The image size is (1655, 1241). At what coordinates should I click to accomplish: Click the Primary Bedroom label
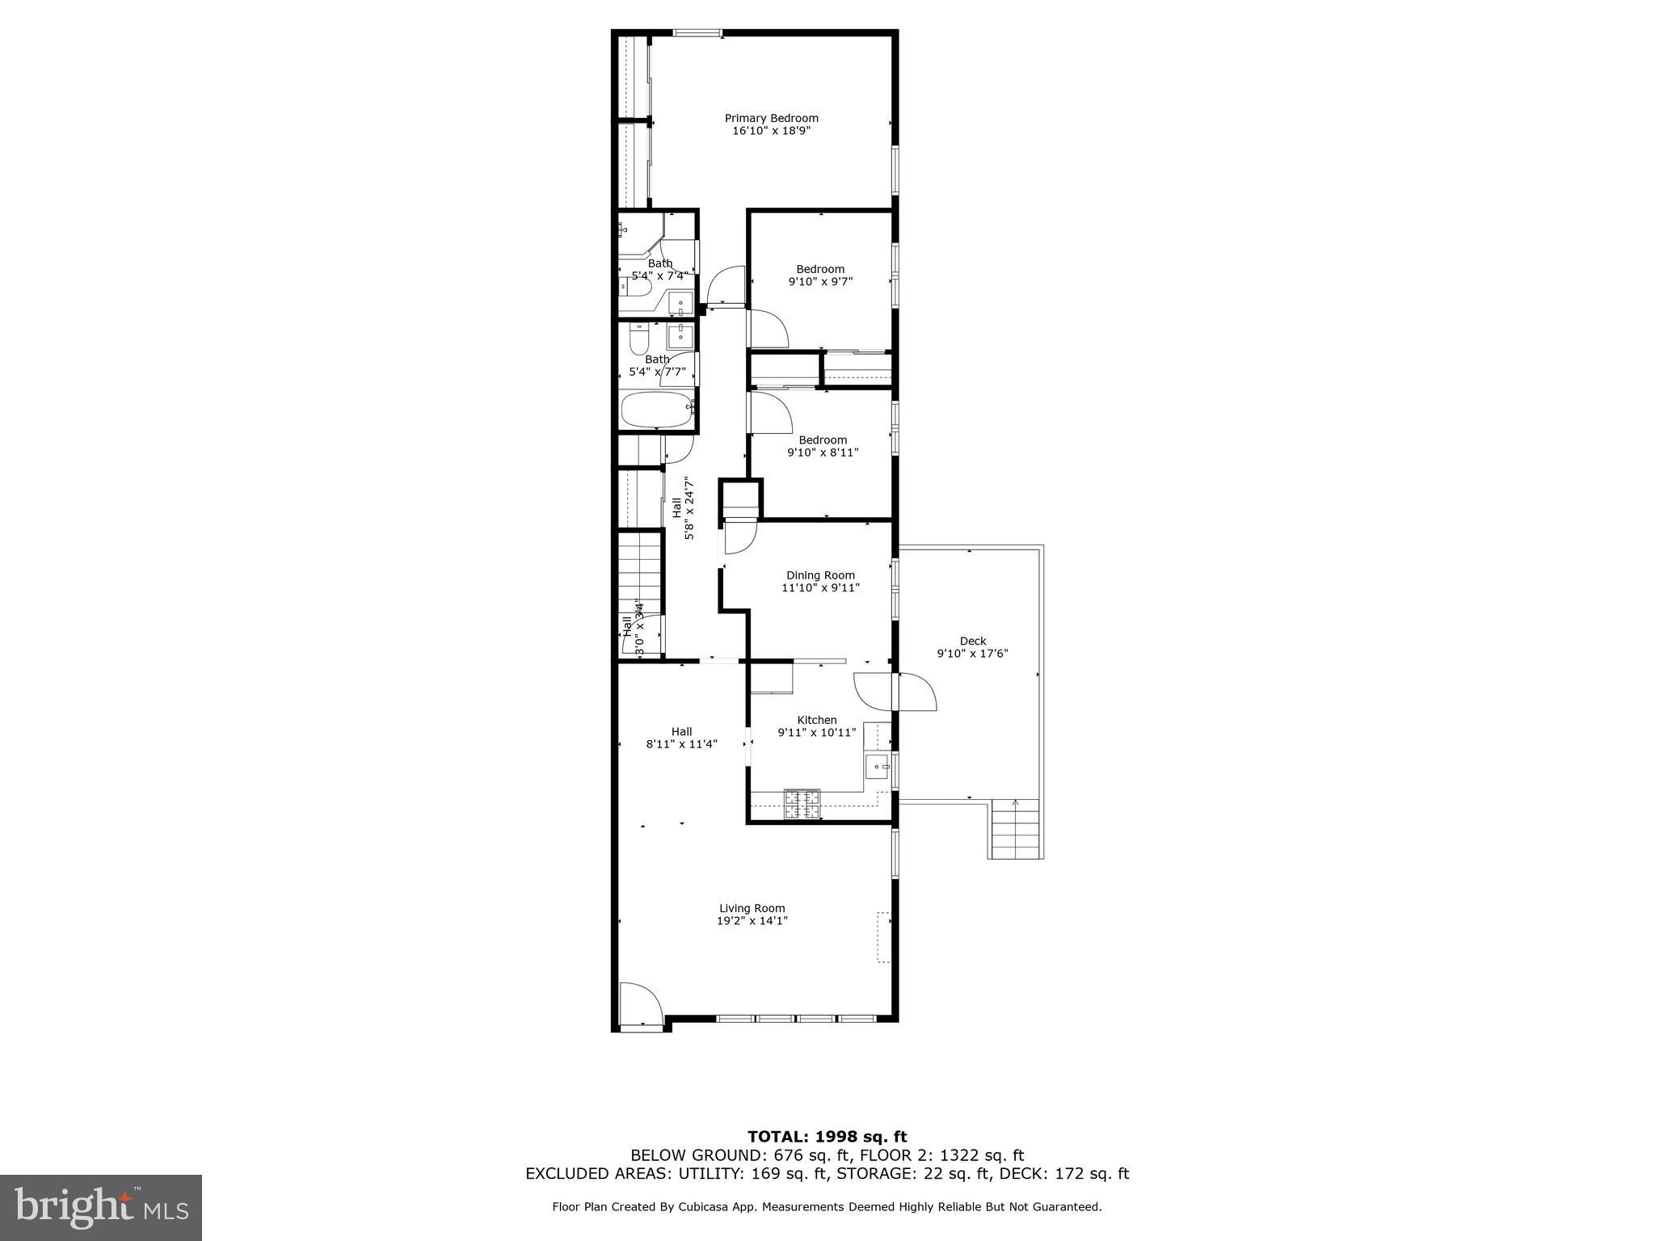pyautogui.click(x=771, y=118)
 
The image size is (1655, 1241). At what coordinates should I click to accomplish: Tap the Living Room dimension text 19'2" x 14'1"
pyautogui.click(x=752, y=920)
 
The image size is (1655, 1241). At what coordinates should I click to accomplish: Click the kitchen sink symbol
pyautogui.click(x=877, y=765)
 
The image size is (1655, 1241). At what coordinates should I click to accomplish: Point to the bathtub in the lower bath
pyautogui.click(x=657, y=410)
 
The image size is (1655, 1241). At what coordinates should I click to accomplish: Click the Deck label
pyautogui.click(x=973, y=641)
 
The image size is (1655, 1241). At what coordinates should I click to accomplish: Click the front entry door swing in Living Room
pyautogui.click(x=641, y=1005)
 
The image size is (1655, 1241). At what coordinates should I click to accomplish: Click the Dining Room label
pyautogui.click(x=820, y=575)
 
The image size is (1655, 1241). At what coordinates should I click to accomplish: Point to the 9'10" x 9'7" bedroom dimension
pyautogui.click(x=820, y=281)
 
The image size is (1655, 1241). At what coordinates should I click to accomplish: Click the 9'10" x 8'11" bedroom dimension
pyautogui.click(x=823, y=452)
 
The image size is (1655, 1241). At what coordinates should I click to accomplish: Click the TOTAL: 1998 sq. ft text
pyautogui.click(x=827, y=1137)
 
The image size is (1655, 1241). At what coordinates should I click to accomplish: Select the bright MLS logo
pyautogui.click(x=101, y=1207)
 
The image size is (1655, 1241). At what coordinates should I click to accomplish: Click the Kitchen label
pyautogui.click(x=817, y=720)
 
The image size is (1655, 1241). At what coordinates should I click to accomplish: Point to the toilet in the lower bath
pyautogui.click(x=638, y=339)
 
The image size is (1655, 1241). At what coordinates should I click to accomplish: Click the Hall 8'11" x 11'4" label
pyautogui.click(x=681, y=738)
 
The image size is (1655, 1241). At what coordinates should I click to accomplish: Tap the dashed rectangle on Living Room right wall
pyautogui.click(x=884, y=937)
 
